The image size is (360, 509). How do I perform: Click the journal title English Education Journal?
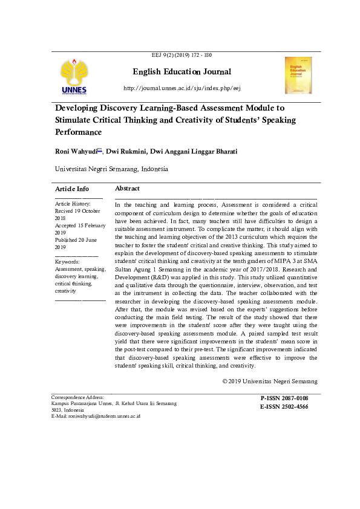[x=182, y=72]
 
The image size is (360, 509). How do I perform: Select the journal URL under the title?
[x=182, y=88]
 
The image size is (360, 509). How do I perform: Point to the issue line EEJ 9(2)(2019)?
[x=182, y=55]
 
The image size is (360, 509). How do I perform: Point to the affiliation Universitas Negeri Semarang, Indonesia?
[x=111, y=169]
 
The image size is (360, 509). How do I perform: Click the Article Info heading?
[x=72, y=189]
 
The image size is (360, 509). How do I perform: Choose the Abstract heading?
[x=127, y=189]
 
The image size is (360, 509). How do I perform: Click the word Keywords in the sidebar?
[x=68, y=261]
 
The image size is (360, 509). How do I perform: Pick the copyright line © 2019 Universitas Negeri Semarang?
[x=269, y=381]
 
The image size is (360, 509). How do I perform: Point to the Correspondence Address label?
[x=77, y=397]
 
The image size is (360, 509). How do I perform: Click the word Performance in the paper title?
[x=78, y=132]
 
